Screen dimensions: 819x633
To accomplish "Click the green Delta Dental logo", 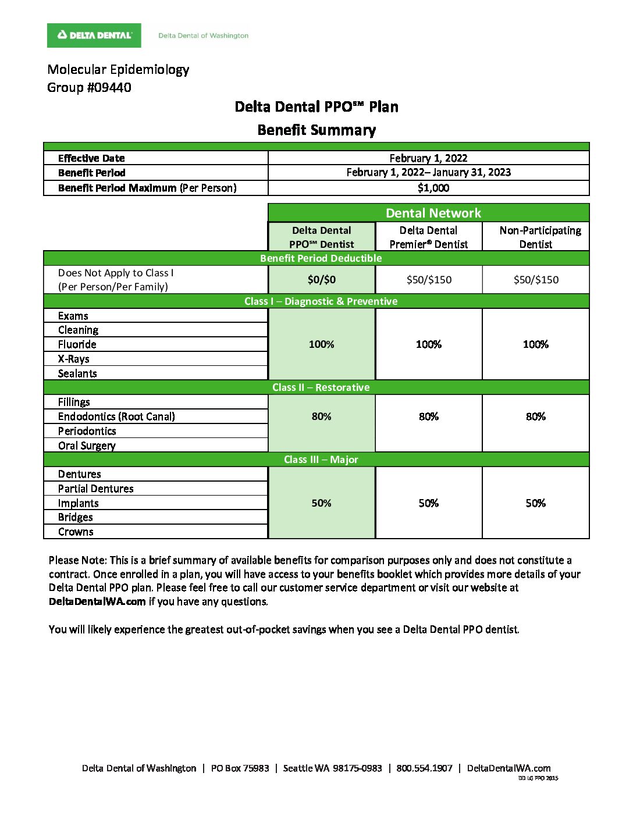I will [94, 35].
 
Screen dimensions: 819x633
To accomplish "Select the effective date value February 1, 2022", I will [428, 158].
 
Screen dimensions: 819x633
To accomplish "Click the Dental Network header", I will [433, 213].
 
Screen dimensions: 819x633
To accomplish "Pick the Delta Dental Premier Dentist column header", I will [428, 237].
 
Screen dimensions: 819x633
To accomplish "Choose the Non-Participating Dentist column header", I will [536, 237].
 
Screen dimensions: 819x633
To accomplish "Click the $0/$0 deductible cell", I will [321, 280].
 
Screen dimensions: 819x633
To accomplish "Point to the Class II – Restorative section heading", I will [321, 387].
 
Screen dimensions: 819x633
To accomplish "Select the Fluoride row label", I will [77, 344].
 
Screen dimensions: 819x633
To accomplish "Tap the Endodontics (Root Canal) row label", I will [116, 416].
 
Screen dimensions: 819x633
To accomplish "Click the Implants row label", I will [78, 503].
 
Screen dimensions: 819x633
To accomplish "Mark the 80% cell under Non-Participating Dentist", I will [535, 416].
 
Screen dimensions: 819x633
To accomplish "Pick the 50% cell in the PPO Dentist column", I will [321, 503].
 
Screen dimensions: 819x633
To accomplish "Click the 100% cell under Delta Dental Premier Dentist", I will [428, 344].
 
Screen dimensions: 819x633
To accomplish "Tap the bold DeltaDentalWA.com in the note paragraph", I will [97, 601].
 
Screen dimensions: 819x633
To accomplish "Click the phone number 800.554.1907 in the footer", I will [424, 768].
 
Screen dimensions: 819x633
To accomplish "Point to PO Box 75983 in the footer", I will [240, 768].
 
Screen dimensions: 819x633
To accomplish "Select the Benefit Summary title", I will [316, 130].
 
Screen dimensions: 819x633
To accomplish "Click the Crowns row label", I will [76, 532].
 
